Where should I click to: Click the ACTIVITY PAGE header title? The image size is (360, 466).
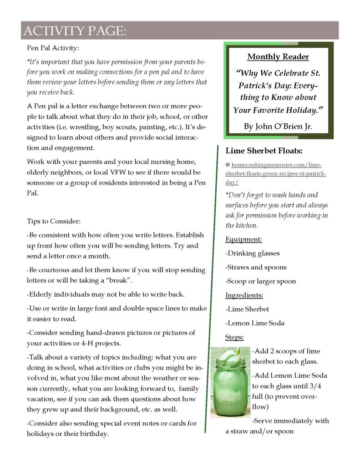click(74, 31)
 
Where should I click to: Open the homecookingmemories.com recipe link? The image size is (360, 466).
click(276, 173)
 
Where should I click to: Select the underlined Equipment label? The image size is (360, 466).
click(243, 239)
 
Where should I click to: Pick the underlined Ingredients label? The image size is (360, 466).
click(244, 295)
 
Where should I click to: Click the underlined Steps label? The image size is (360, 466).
click(234, 337)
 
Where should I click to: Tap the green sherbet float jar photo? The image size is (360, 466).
click(230, 382)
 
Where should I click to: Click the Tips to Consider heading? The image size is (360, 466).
click(54, 222)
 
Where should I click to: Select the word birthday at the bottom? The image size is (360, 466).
click(94, 434)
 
